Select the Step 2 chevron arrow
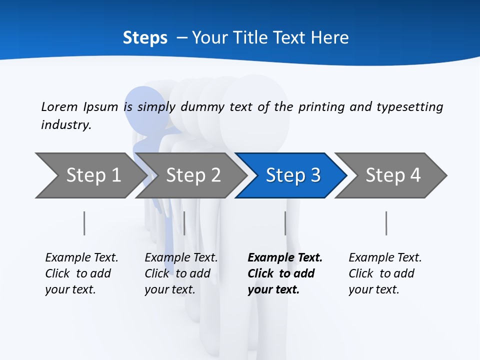point(192,175)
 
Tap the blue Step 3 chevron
point(292,175)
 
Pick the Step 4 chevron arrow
point(392,175)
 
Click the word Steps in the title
point(145,38)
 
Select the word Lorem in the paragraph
point(59,107)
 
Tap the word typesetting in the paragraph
point(409,107)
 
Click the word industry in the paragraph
point(65,125)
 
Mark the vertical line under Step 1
point(84,223)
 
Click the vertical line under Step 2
point(184,223)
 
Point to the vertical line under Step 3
point(285,223)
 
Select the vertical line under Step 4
point(386,223)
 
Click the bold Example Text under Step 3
point(284,258)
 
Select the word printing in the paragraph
point(321,107)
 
